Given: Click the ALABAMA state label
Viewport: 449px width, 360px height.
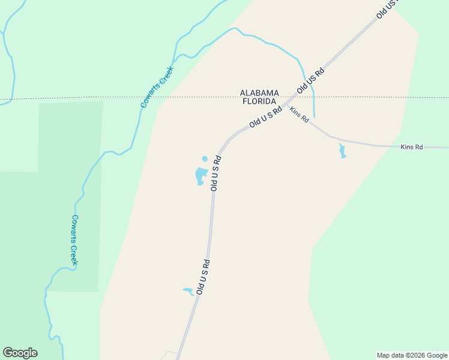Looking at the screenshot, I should (259, 93).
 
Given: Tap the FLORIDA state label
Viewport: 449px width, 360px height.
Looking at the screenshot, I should (259, 101).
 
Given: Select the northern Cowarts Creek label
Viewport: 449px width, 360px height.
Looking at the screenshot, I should (157, 87).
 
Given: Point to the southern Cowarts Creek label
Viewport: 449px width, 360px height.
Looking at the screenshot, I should (75, 240).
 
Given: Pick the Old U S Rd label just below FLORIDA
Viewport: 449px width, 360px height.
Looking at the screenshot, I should (265, 116).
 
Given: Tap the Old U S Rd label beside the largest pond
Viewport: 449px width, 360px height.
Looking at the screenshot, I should (216, 173).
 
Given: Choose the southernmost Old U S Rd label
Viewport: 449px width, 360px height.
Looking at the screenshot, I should (202, 277).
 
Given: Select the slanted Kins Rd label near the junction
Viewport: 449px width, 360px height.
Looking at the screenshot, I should (299, 115).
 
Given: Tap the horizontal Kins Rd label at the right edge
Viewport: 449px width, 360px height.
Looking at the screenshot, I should (411, 146).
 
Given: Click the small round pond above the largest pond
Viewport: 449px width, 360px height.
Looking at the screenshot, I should (205, 159).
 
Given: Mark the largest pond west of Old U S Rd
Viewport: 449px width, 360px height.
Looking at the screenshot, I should (200, 176).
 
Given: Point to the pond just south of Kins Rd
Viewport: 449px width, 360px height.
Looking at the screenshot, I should (342, 151).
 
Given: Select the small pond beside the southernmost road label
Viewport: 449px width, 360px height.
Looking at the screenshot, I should (188, 292).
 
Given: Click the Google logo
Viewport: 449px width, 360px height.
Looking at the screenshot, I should (20, 353).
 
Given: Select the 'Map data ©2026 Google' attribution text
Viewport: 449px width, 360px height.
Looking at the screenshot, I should (411, 355).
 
